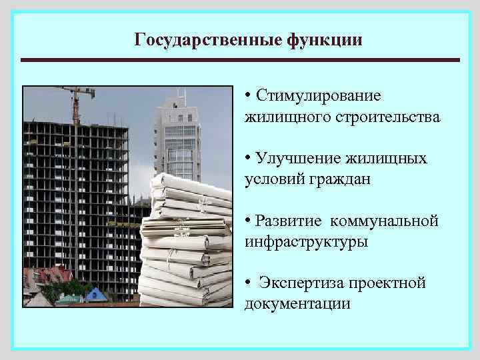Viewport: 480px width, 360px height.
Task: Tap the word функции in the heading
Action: click(325, 39)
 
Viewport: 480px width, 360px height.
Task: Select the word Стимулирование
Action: click(319, 95)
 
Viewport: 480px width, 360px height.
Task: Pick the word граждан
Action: click(339, 180)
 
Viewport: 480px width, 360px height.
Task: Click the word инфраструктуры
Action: click(306, 242)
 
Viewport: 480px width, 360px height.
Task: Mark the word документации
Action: click(297, 304)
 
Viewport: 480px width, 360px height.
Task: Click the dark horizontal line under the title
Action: click(240, 60)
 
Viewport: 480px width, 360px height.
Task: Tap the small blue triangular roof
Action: click(95, 294)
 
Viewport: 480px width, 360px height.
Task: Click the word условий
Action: click(273, 180)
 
